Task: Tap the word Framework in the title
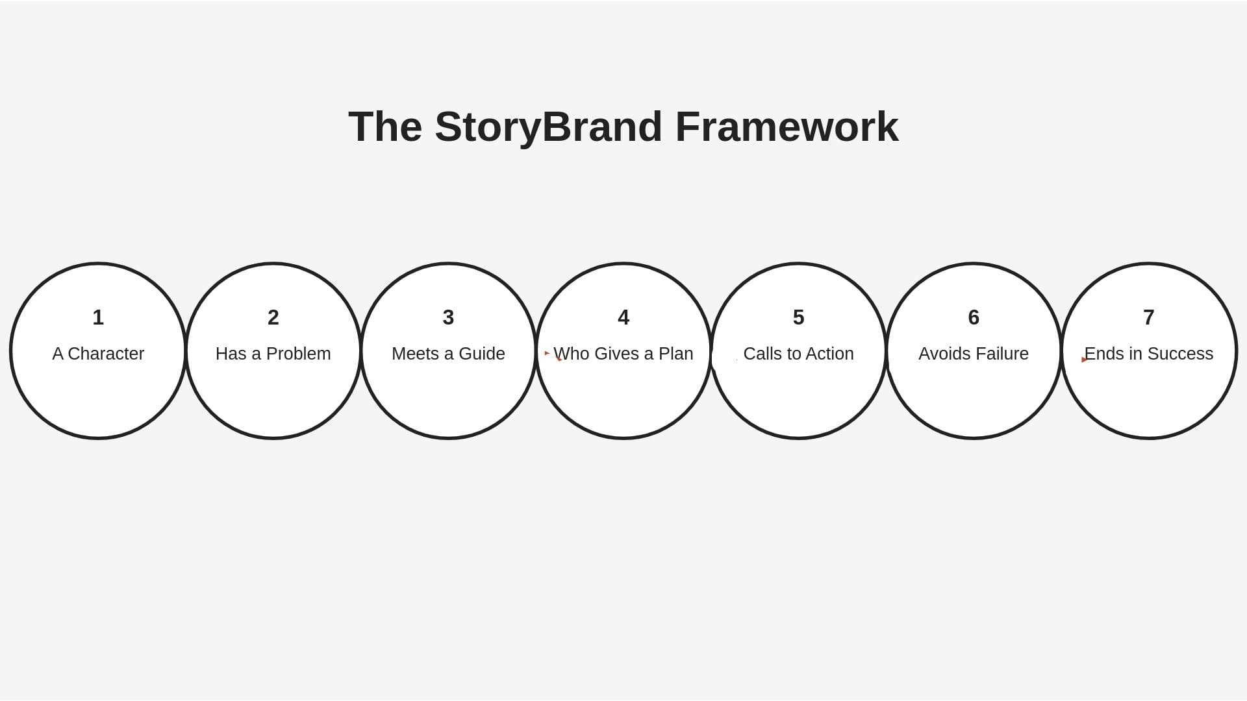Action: (x=787, y=127)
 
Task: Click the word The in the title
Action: (x=385, y=127)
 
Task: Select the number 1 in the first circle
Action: (x=98, y=317)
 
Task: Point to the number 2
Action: (x=273, y=317)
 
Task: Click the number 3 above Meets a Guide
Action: (x=448, y=317)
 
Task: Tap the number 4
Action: (x=623, y=317)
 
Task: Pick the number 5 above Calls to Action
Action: (x=799, y=317)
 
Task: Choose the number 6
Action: (x=974, y=317)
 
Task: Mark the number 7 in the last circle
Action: (x=1149, y=317)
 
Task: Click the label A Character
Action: (x=98, y=354)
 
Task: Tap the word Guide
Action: (x=481, y=354)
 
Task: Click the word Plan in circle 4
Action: (x=675, y=354)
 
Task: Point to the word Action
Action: (x=829, y=354)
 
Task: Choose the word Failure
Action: (x=1004, y=354)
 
